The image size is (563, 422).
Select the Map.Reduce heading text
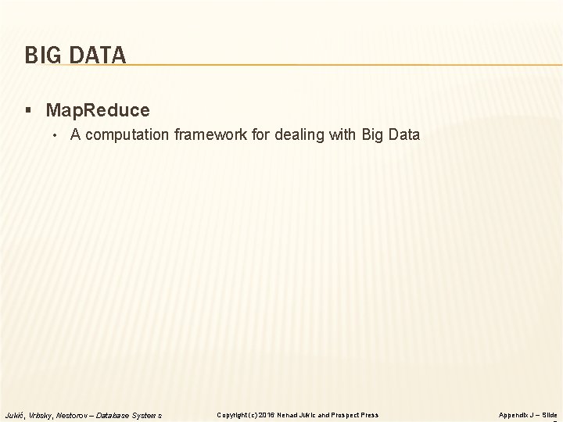(x=98, y=110)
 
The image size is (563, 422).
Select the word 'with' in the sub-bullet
(x=344, y=134)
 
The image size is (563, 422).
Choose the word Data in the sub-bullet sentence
(x=404, y=134)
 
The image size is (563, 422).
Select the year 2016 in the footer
(x=267, y=415)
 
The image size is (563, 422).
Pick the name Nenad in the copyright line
(x=287, y=415)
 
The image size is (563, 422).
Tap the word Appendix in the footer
(x=514, y=415)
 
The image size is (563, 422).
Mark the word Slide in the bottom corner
(x=550, y=415)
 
